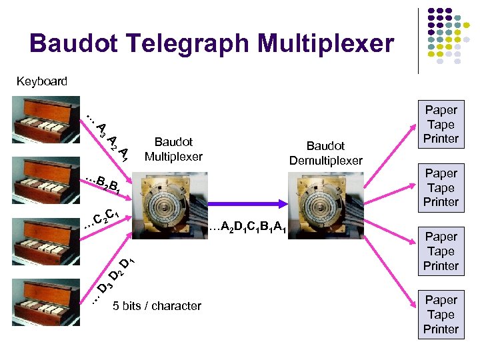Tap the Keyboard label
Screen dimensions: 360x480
[41, 81]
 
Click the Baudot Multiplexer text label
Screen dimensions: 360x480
[173, 149]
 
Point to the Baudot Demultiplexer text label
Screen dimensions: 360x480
[325, 153]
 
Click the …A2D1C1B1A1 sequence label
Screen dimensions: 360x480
[247, 230]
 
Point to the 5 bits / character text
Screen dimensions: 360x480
[157, 306]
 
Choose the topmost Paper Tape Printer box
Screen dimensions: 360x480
[441, 124]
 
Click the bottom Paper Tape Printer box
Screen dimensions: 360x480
[441, 315]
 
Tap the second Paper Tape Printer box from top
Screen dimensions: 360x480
[441, 187]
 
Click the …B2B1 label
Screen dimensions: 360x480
[103, 183]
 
